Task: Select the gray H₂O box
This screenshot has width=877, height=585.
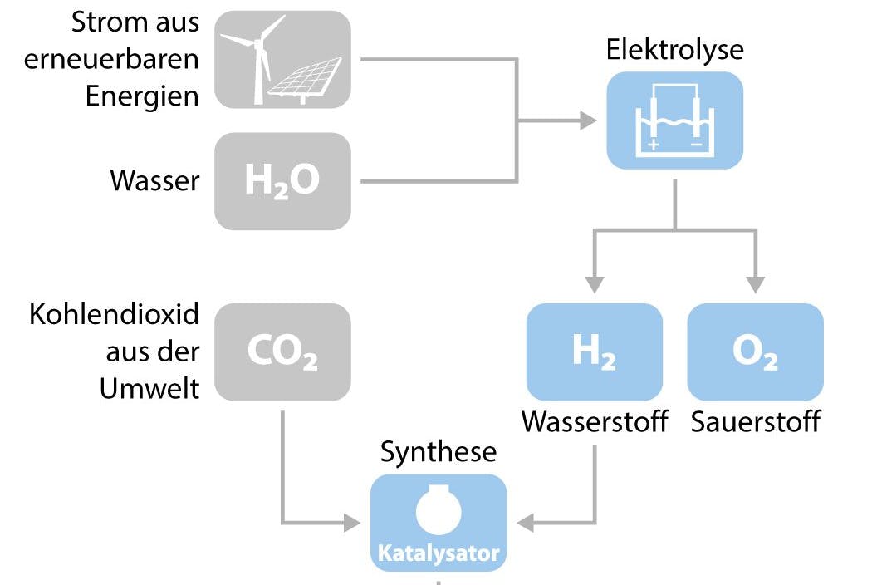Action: point(282,181)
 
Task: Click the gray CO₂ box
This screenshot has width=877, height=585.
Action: point(282,352)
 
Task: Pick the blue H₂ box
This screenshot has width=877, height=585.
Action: point(594,352)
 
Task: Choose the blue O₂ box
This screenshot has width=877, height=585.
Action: point(755,352)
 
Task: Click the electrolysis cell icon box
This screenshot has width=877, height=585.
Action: point(674,120)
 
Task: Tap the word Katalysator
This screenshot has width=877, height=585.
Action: point(438,553)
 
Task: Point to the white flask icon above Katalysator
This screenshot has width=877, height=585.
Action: point(438,509)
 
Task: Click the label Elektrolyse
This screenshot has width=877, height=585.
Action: point(674,49)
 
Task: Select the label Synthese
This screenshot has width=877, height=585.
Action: point(438,452)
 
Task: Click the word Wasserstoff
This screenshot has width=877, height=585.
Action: point(595,421)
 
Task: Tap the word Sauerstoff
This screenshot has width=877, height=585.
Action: point(755,421)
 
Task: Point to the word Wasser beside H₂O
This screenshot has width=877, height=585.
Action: point(154,181)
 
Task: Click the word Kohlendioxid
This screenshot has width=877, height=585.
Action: point(115,316)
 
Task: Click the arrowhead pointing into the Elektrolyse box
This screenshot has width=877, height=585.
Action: point(589,121)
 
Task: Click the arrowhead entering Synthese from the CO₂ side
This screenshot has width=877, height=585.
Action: point(352,524)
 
